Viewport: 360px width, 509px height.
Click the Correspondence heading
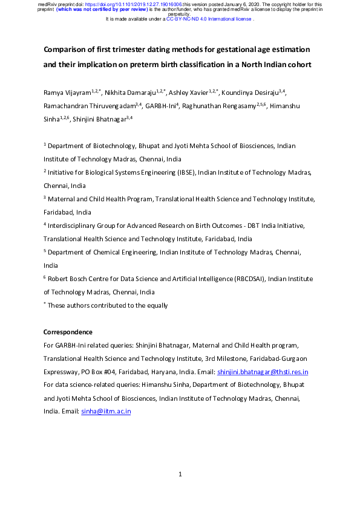pyautogui.click(x=68, y=332)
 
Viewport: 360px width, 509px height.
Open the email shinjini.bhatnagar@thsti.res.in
pyautogui.click(x=263, y=372)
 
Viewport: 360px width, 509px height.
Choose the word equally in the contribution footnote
pyautogui.click(x=155, y=306)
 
